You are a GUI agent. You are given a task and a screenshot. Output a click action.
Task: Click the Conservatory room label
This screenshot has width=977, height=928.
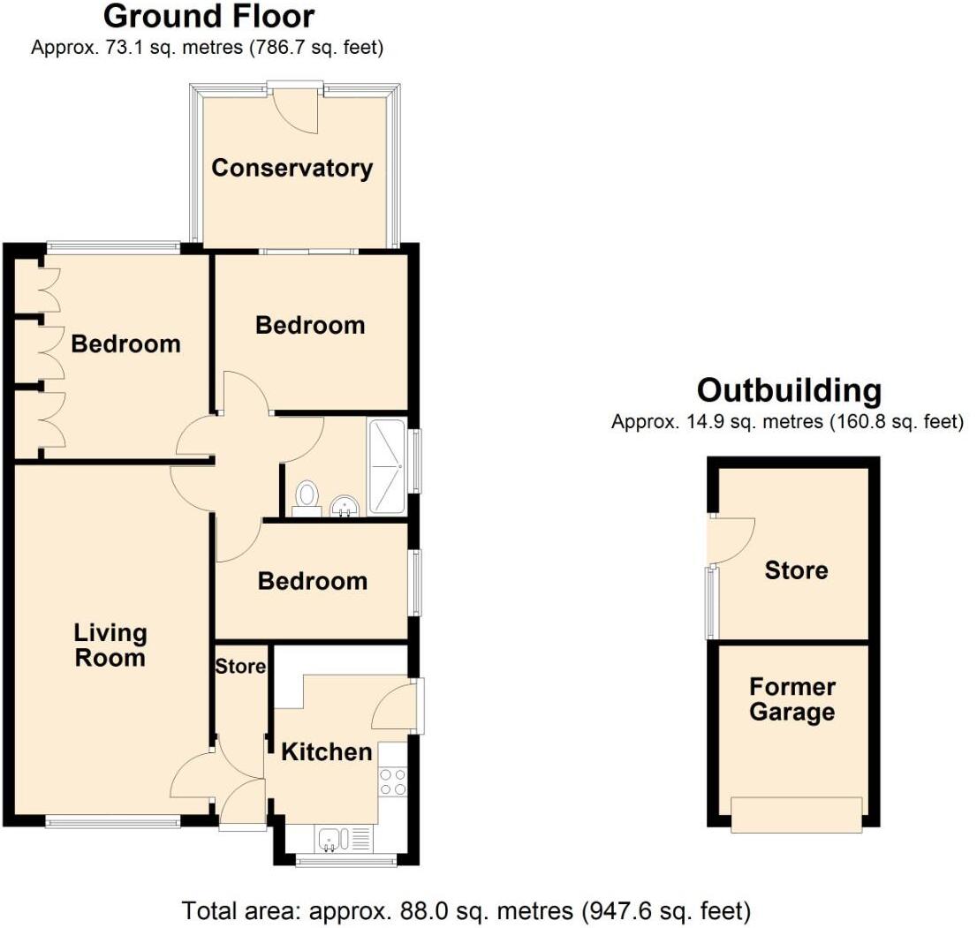click(292, 168)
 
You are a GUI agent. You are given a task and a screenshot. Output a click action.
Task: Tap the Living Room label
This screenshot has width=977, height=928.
click(110, 645)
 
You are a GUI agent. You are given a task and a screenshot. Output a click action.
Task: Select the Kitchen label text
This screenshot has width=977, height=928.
click(326, 752)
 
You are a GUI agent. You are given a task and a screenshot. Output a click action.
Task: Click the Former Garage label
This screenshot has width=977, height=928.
click(791, 699)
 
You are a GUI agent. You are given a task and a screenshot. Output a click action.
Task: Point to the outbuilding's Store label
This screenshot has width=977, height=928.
click(796, 570)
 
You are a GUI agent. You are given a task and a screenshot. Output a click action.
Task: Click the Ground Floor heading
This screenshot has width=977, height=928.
click(208, 16)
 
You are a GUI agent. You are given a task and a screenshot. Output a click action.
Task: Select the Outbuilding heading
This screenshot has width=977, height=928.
click(788, 389)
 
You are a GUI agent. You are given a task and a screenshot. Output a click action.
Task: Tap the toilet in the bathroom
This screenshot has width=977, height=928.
click(307, 496)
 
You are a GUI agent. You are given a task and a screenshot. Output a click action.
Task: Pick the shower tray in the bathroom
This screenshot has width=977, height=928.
click(386, 466)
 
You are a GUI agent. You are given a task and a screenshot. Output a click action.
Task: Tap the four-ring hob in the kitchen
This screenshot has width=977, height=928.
click(392, 781)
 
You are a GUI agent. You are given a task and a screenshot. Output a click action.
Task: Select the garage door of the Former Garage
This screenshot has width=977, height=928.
click(796, 814)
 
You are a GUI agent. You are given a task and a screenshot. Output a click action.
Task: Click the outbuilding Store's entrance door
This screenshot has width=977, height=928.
click(730, 539)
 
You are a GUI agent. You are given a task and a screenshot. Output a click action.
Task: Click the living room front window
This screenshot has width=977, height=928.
click(113, 823)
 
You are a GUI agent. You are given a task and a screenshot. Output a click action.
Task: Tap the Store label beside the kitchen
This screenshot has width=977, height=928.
click(240, 666)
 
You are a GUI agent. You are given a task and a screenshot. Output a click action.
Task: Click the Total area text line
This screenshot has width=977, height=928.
click(466, 909)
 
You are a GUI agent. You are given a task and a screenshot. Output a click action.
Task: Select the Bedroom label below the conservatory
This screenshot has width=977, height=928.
click(310, 325)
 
